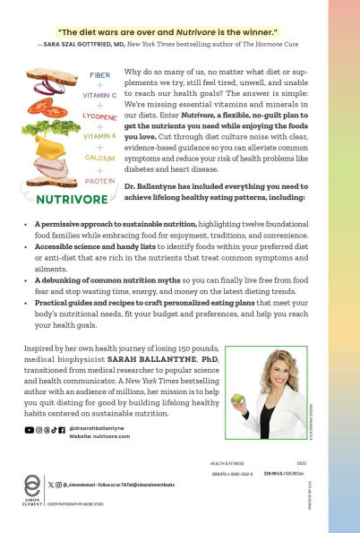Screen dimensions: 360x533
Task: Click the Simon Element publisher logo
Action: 33,492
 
